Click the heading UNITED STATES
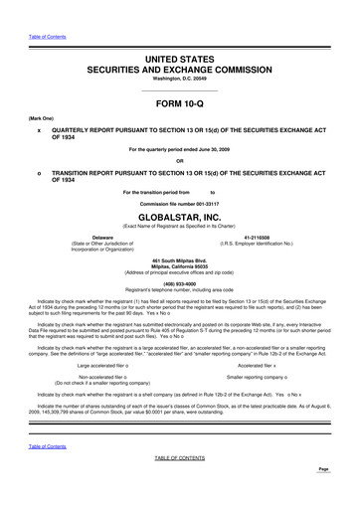pyautogui.click(x=179, y=61)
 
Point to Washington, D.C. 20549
pyautogui.click(x=179, y=80)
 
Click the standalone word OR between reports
pyautogui.click(x=179, y=161)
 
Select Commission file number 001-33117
pyautogui.click(x=179, y=199)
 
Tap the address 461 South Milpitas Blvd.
pyautogui.click(x=179, y=260)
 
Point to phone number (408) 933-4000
pyautogui.click(x=179, y=280)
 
